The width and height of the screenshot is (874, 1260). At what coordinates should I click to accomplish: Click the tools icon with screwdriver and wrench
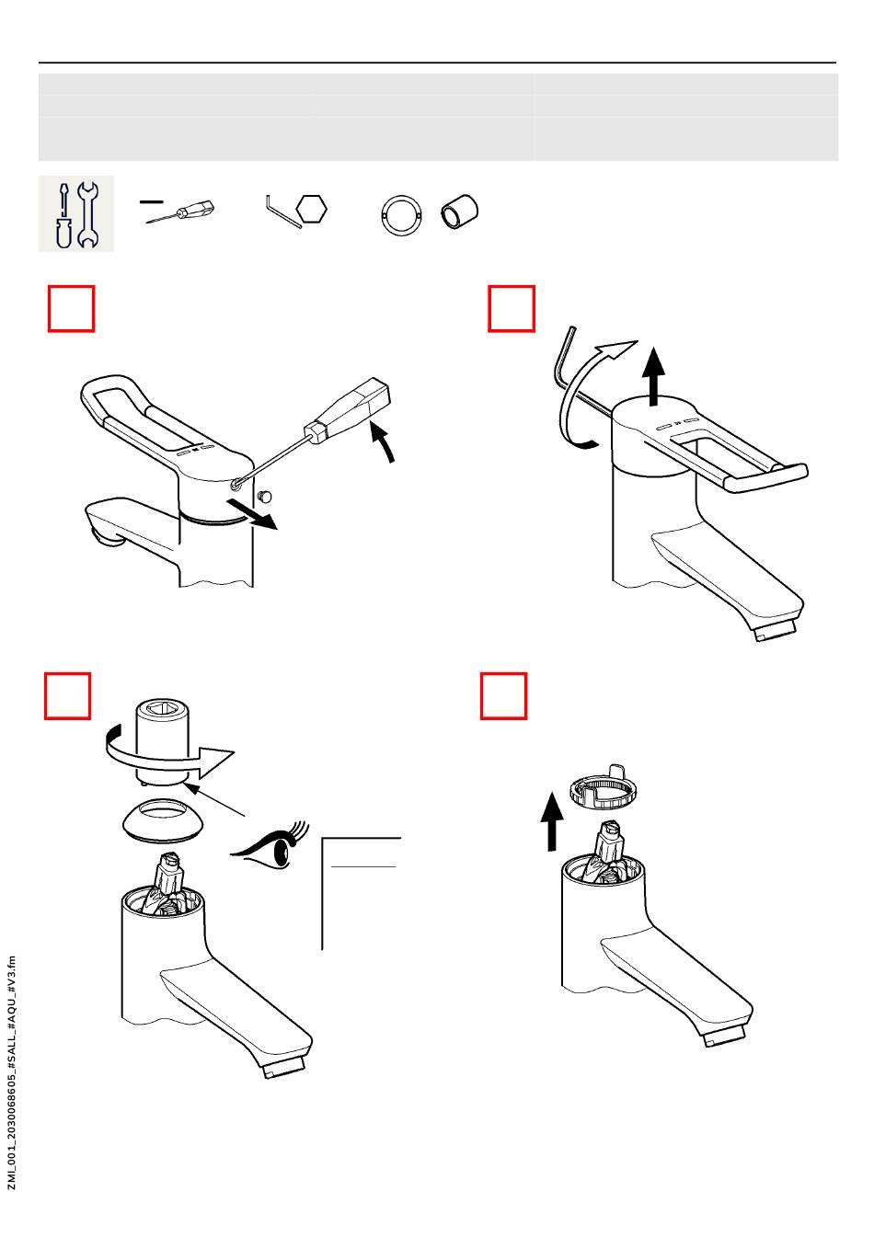pyautogui.click(x=76, y=213)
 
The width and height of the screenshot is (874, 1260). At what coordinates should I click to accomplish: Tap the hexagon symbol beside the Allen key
pyautogui.click(x=311, y=209)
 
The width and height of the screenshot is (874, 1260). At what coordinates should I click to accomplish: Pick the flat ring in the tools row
pyautogui.click(x=401, y=215)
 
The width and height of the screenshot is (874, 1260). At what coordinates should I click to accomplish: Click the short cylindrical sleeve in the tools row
pyautogui.click(x=459, y=212)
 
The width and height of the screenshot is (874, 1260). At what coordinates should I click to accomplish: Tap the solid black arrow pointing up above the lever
pyautogui.click(x=653, y=377)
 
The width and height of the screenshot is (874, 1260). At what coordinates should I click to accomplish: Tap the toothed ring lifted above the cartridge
pyautogui.click(x=604, y=786)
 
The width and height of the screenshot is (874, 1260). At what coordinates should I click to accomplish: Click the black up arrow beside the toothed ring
pyautogui.click(x=552, y=821)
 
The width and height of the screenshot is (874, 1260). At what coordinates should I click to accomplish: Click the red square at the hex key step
pyautogui.click(x=511, y=309)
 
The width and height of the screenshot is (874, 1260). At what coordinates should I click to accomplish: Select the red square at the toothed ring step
pyautogui.click(x=503, y=696)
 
